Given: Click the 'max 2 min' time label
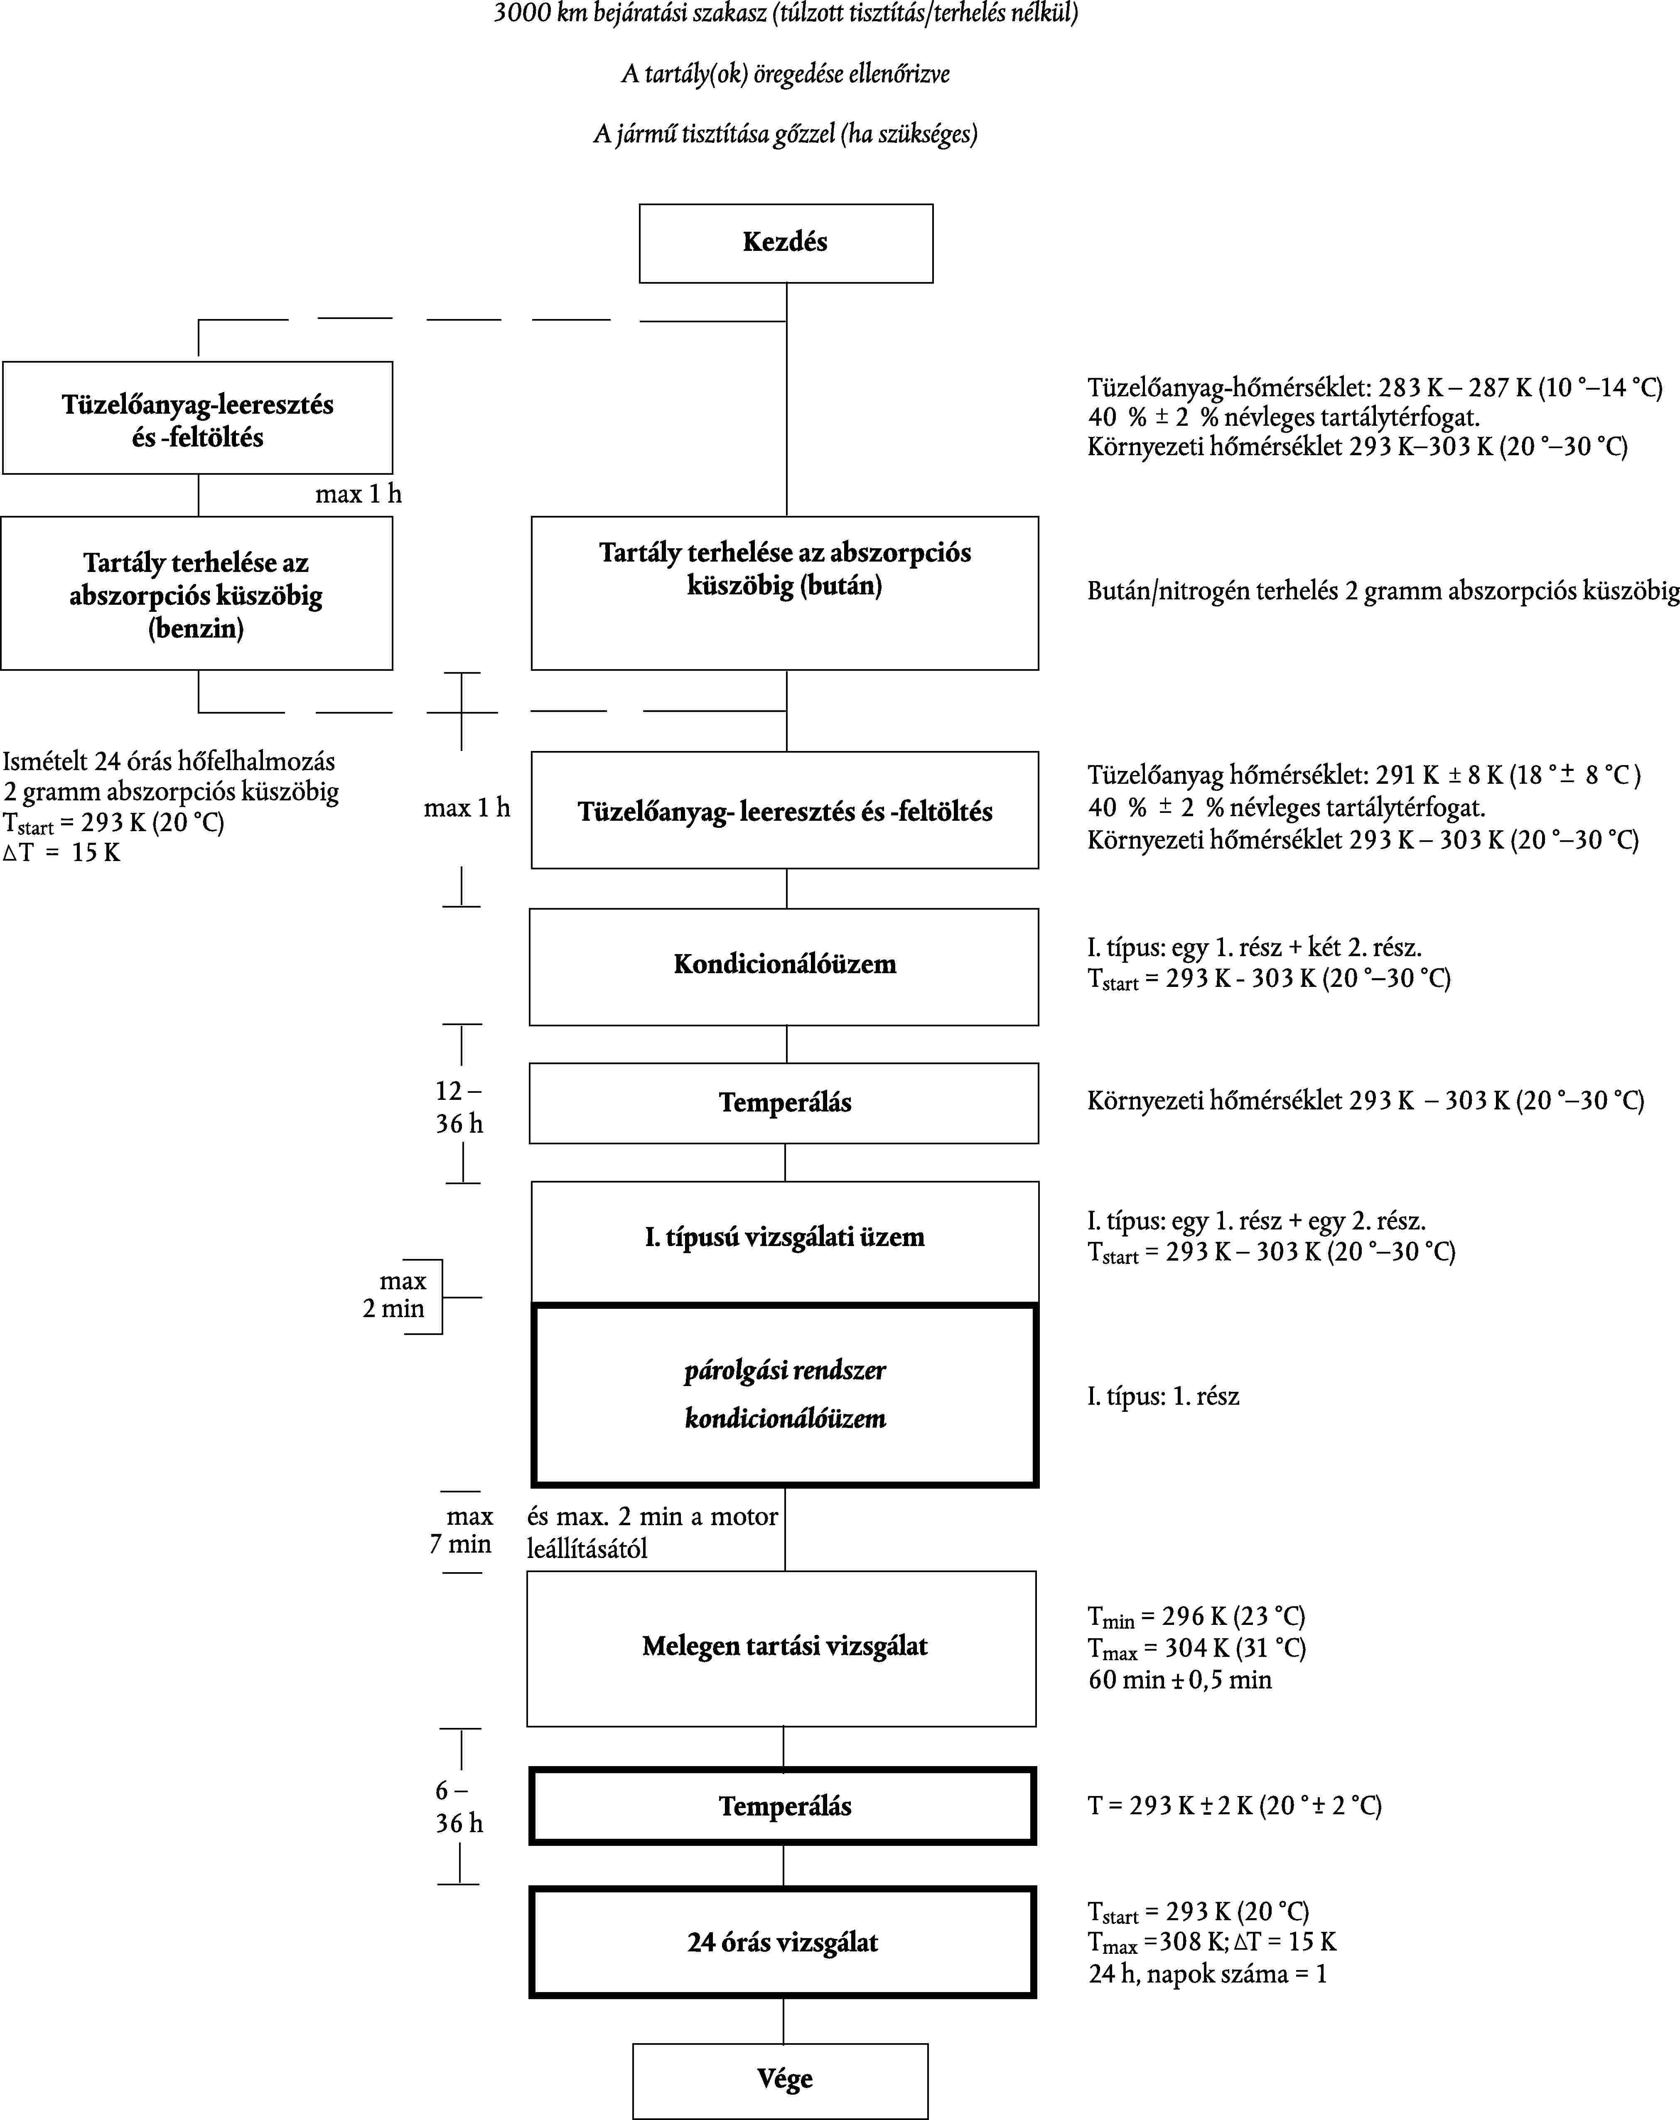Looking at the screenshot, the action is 394,1295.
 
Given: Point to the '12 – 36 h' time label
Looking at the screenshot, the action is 459,1107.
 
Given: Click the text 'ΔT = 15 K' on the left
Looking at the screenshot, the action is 61,852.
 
